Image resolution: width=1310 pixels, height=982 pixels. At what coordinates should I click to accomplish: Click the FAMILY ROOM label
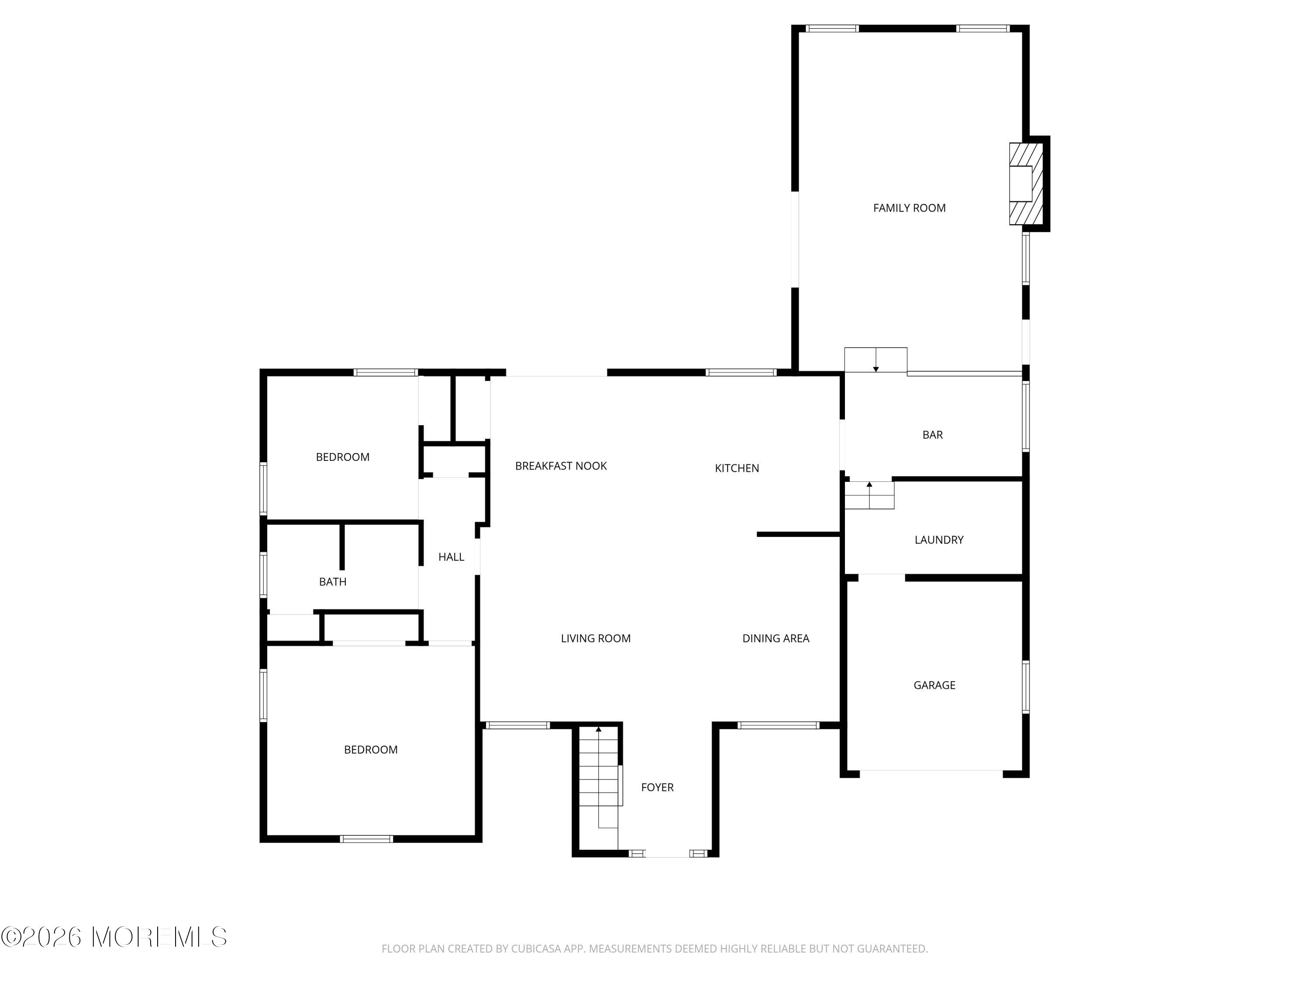[x=909, y=208]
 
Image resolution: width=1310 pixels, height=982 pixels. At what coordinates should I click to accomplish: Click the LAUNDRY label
[x=939, y=540]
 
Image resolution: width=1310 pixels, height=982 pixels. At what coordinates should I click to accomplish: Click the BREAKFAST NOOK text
[x=560, y=466]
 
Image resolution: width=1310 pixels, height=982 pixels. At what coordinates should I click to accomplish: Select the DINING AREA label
[x=775, y=638]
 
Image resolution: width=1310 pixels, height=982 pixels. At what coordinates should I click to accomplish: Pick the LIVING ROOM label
[x=595, y=638]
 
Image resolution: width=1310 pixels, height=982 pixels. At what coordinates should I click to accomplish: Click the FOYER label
[x=657, y=787]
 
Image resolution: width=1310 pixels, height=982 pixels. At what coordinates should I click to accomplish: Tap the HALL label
[x=451, y=557]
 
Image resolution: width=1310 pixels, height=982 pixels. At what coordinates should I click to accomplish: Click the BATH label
[x=332, y=582]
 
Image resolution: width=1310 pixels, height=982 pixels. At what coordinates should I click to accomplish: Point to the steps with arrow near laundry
[x=869, y=495]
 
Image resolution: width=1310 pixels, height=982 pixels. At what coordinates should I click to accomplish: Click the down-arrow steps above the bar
[x=876, y=360]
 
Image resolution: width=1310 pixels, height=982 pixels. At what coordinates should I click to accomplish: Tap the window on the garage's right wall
[x=1025, y=687]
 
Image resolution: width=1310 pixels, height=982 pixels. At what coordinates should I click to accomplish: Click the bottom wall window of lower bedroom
[x=366, y=839]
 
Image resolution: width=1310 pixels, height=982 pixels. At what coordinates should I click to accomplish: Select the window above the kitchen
[x=740, y=372]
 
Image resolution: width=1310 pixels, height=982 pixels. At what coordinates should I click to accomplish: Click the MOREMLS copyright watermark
[x=114, y=937]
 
